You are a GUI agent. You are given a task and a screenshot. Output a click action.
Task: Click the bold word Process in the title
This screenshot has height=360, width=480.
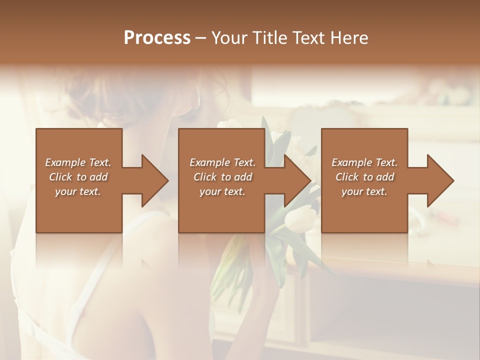pos(157,37)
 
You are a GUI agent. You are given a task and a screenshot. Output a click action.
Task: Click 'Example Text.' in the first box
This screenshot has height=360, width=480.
pos(78,162)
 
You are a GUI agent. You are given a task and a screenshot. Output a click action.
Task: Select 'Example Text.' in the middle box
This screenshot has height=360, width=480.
pos(222,162)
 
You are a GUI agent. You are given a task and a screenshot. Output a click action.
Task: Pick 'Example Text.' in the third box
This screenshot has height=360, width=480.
pos(364,162)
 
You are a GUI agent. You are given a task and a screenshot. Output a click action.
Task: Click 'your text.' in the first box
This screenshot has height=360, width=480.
pos(78,191)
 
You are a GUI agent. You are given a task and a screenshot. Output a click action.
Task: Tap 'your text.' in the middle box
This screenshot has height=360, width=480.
pos(222,191)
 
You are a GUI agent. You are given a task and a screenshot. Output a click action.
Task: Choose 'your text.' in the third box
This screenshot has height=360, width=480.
pos(364,191)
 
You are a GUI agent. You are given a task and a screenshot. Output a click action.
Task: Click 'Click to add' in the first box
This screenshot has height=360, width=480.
pos(78,177)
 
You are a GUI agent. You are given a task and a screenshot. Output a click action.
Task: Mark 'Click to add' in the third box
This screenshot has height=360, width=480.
pos(364,177)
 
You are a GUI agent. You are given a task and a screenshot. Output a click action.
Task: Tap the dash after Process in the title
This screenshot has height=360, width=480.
pos(200,38)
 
